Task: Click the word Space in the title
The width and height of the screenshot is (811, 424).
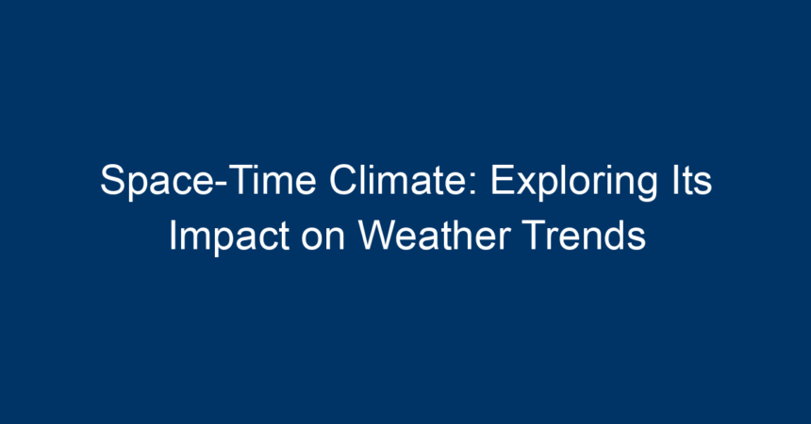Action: [x=156, y=181]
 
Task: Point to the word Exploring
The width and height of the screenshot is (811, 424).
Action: [x=573, y=183]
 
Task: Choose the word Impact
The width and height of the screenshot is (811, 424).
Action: [x=229, y=237]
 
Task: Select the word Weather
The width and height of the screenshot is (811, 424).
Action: [x=435, y=236]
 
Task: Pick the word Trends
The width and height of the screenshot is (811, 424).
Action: [x=584, y=236]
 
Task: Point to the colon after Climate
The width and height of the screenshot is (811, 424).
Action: [x=472, y=184]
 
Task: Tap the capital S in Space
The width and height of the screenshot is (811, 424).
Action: [x=113, y=180]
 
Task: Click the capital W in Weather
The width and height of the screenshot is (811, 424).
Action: [x=378, y=236]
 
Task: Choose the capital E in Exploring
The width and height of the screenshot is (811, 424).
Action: [x=502, y=180]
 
